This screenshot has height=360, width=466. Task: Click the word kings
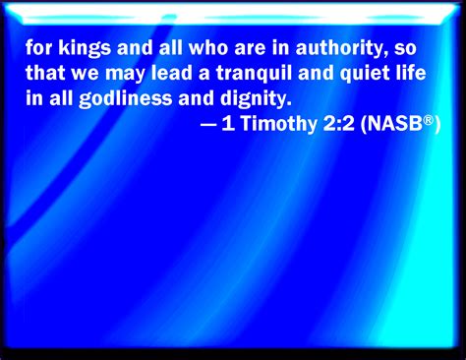click(85, 48)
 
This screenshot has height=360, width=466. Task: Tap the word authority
click(339, 48)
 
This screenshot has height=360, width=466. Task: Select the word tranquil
click(254, 74)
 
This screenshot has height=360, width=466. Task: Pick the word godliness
click(126, 99)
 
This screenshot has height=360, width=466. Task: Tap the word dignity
click(256, 99)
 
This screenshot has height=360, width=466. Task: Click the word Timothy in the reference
click(279, 125)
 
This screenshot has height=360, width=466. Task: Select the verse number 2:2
click(338, 124)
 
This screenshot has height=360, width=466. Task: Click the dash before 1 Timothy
click(208, 125)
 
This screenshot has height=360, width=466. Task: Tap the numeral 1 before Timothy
click(228, 124)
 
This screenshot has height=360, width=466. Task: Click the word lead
click(172, 73)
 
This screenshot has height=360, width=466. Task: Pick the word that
click(45, 73)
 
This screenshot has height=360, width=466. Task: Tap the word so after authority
click(405, 49)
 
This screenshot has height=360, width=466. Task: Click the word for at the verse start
click(39, 47)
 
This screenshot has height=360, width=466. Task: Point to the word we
click(85, 75)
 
